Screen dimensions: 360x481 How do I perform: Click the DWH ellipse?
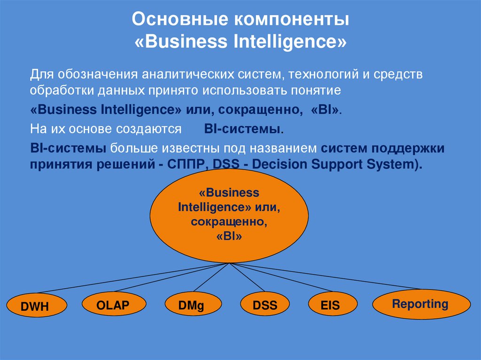coord(35,307)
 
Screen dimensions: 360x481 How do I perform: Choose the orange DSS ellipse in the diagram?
coord(265,306)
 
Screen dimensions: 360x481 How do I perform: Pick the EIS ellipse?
coord(330,306)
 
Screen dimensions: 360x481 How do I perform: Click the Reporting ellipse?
coord(420,304)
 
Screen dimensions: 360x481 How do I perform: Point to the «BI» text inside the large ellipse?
coord(229,237)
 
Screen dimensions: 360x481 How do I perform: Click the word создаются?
coord(154,129)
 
